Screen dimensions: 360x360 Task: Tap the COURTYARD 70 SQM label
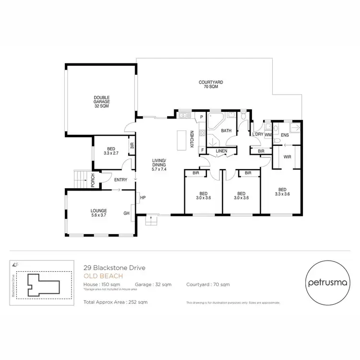(x=211, y=85)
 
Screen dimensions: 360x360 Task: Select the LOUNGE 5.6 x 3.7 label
(x=98, y=213)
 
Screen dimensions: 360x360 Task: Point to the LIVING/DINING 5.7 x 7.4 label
(x=159, y=165)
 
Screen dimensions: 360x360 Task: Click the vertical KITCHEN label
(x=192, y=139)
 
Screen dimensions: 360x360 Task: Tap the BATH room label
(x=226, y=130)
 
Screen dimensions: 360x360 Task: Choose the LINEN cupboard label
(x=221, y=151)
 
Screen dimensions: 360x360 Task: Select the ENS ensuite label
(x=285, y=135)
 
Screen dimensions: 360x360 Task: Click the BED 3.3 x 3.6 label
(x=283, y=192)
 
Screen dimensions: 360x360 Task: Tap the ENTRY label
(x=120, y=180)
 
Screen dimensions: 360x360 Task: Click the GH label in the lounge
(x=127, y=213)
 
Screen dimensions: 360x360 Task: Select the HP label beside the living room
(x=143, y=197)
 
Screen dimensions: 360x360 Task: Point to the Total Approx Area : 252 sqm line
(x=115, y=302)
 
